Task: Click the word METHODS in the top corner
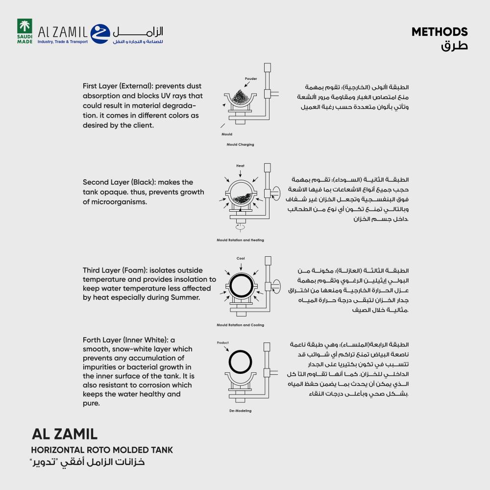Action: [440, 32]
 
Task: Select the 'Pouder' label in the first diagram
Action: [251, 78]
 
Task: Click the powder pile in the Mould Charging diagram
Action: [240, 95]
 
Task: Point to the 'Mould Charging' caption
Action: [240, 145]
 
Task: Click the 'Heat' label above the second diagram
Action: [240, 166]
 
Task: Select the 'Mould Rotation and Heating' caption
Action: [240, 240]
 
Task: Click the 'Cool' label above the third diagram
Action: [241, 258]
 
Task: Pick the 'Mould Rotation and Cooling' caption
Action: [240, 325]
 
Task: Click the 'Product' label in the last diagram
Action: [222, 343]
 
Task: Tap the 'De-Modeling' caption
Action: [240, 411]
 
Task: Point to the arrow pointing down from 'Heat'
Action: [240, 173]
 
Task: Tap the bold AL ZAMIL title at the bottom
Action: [64, 434]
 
